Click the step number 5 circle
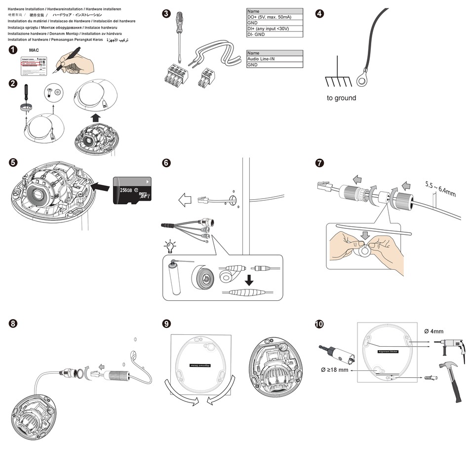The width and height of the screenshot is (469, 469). coord(13,162)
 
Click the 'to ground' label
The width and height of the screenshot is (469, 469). coord(341,98)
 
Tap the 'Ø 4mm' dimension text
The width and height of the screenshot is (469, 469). coord(434,331)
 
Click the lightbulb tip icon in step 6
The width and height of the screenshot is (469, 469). coord(170,246)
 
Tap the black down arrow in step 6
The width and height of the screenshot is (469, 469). coord(249,280)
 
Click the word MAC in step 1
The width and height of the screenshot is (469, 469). coord(34,50)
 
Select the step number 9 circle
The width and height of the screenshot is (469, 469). coord(167,324)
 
